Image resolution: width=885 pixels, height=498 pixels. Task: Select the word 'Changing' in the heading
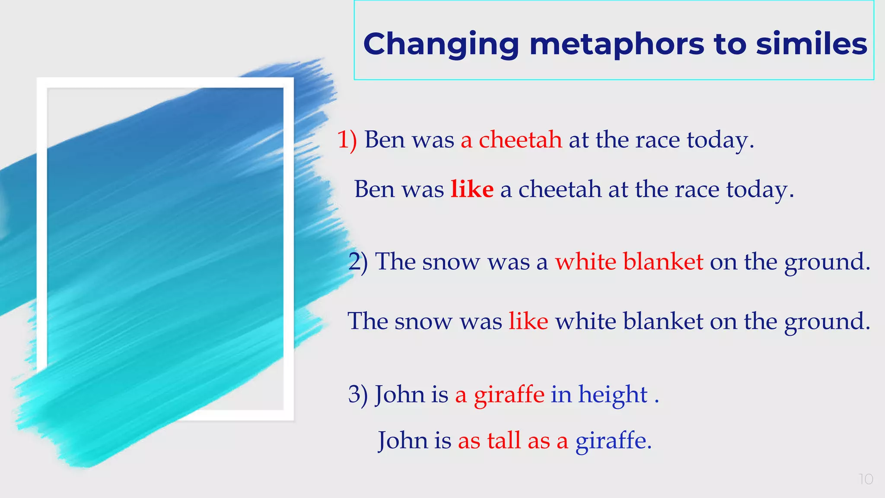pos(441,45)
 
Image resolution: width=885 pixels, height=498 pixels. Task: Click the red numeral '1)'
pos(347,140)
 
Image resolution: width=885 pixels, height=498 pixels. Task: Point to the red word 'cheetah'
pos(520,140)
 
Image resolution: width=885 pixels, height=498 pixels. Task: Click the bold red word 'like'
pos(472,189)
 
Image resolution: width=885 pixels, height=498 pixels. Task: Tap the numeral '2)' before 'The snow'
pos(358,262)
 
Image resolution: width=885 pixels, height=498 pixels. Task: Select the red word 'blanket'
pos(663,262)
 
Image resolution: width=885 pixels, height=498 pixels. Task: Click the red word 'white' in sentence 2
pos(586,262)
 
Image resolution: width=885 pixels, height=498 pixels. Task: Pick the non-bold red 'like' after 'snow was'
pos(528,321)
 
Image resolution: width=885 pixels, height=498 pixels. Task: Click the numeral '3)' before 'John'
pos(358,394)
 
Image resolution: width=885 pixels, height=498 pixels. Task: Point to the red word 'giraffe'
pos(509,394)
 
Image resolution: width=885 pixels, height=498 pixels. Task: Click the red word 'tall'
pos(504,441)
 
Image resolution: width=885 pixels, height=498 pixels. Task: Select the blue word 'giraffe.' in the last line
pos(613,441)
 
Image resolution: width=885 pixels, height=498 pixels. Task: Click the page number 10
pos(866,479)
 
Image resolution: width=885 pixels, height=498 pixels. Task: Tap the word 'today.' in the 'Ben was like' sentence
pos(760,190)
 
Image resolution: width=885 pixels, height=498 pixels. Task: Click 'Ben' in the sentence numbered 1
pos(385,140)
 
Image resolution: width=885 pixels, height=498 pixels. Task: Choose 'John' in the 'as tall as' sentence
pos(403,441)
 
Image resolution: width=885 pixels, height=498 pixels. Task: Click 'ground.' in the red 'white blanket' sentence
pos(827,262)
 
